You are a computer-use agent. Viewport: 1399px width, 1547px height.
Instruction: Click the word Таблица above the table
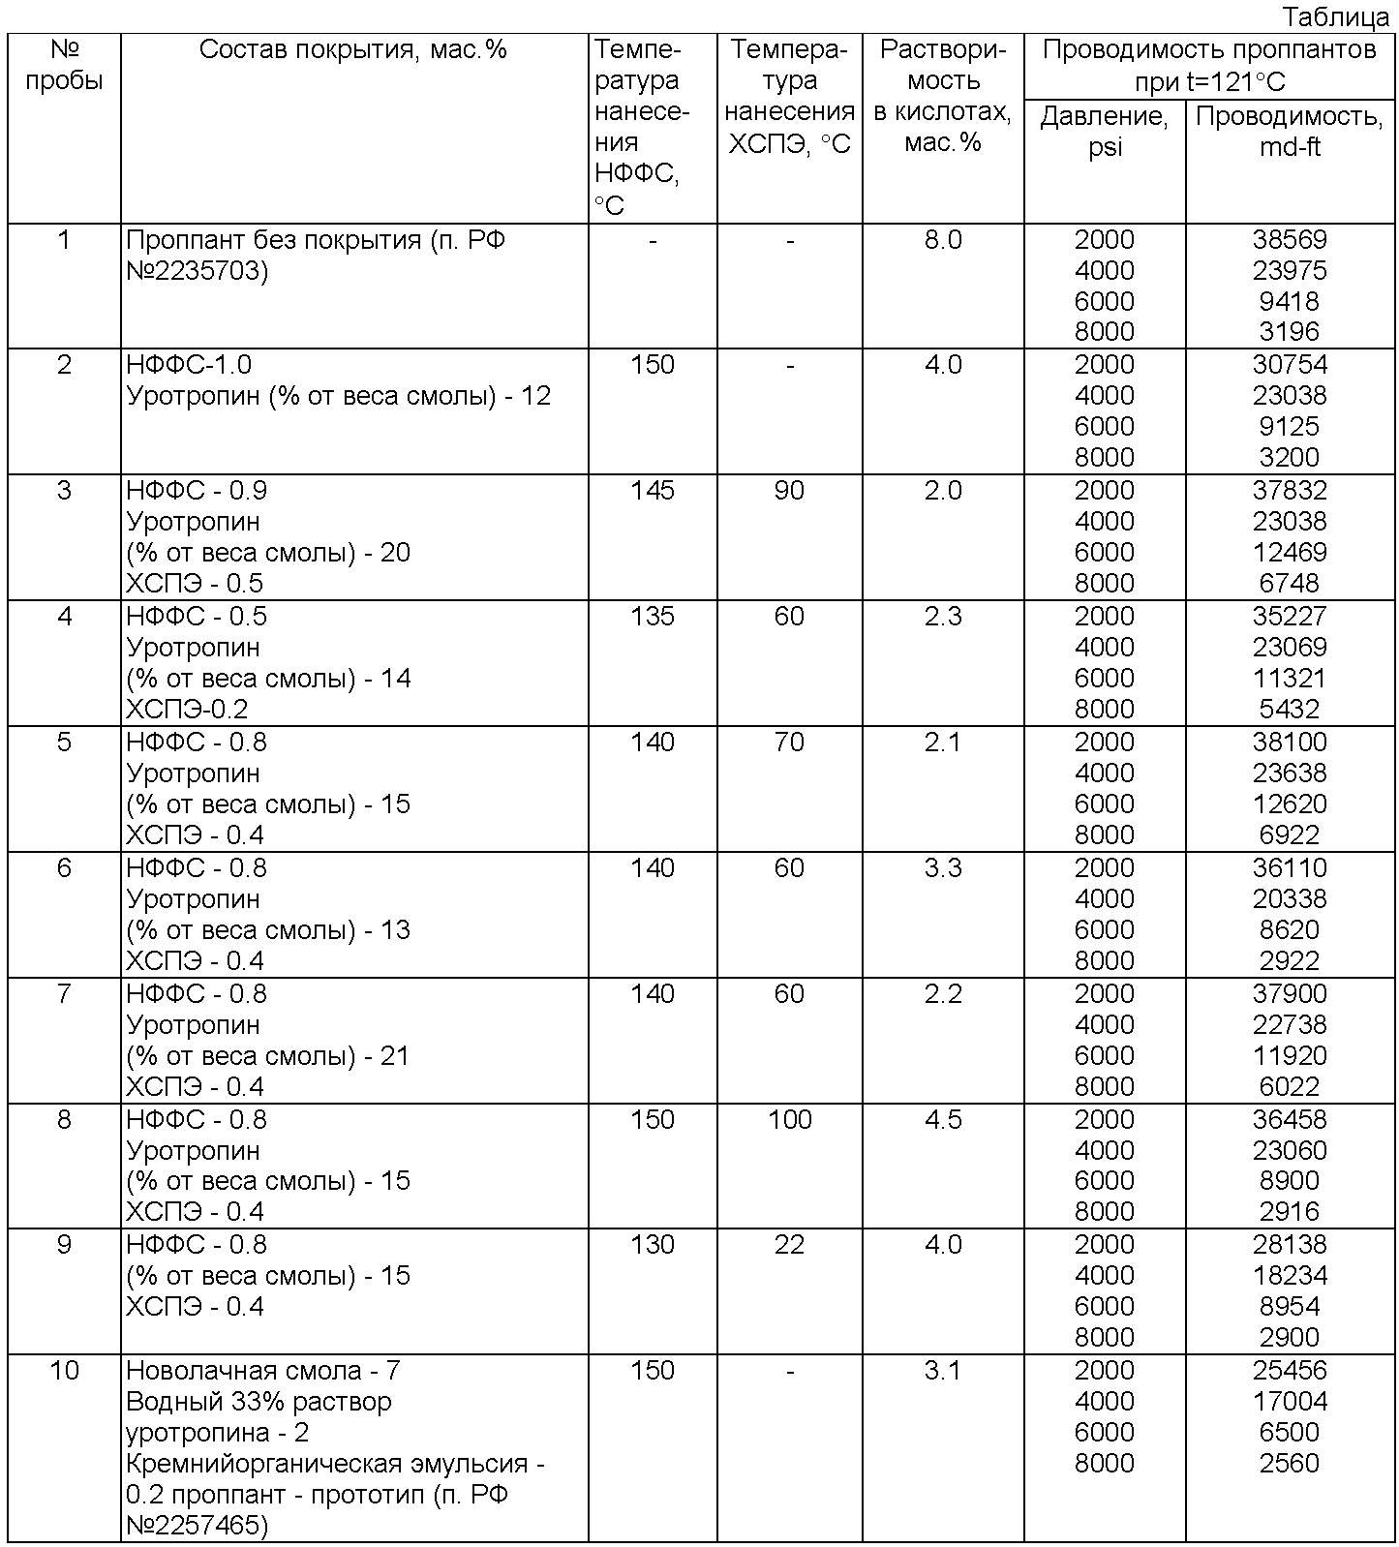point(1337,16)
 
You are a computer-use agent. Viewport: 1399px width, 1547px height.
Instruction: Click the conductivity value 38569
point(1290,239)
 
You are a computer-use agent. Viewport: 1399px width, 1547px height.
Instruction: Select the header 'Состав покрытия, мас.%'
point(352,49)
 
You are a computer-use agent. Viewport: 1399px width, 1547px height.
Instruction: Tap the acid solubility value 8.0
point(943,239)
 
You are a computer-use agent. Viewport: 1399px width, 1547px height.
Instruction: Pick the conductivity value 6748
point(1290,583)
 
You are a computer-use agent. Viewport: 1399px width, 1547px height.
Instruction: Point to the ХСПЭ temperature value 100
point(790,1119)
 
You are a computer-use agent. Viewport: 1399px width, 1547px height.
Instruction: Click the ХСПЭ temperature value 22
point(790,1244)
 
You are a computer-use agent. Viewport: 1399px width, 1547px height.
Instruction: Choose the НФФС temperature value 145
point(653,491)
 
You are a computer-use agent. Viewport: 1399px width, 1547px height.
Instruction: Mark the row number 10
point(64,1370)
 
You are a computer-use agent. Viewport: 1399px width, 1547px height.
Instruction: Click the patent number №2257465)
point(198,1526)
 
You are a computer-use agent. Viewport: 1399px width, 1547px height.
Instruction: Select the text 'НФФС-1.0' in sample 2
point(189,365)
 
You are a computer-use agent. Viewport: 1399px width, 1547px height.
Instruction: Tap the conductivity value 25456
point(1290,1370)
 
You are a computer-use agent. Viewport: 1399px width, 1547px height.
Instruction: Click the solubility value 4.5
point(943,1119)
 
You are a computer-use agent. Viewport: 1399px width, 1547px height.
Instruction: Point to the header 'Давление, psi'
point(1105,132)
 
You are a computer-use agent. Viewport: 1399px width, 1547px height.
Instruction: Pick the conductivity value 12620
point(1290,804)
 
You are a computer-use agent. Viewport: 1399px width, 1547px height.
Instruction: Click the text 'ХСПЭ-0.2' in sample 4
point(187,709)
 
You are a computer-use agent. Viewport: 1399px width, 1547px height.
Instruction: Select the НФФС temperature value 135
point(653,617)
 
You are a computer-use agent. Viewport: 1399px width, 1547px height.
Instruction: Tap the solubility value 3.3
point(943,867)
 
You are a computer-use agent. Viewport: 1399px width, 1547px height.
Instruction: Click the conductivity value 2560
point(1290,1463)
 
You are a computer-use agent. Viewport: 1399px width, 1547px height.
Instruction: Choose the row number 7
point(64,993)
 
